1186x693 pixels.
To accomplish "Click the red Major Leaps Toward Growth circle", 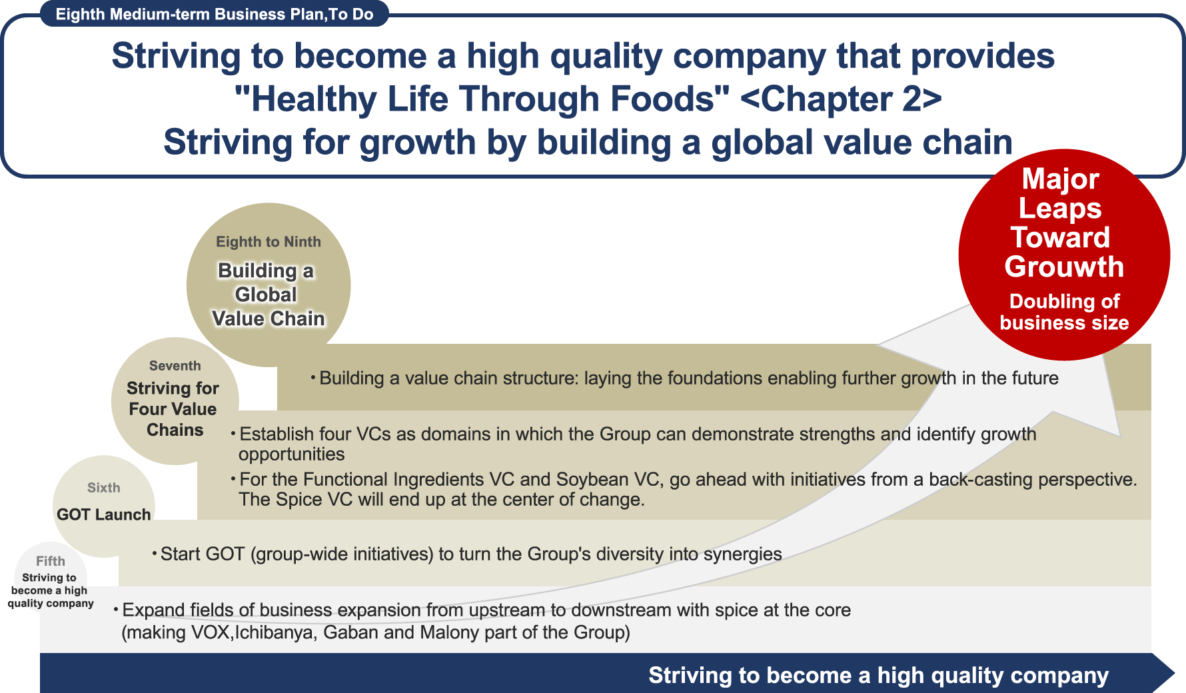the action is click(x=1064, y=255).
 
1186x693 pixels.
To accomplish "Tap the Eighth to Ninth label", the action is click(x=269, y=242).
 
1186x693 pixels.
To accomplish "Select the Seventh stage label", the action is click(x=175, y=366).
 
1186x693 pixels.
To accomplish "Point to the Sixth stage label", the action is click(x=104, y=488).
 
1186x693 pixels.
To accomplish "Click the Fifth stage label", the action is click(x=51, y=561).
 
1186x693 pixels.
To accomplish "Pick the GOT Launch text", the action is click(x=104, y=514).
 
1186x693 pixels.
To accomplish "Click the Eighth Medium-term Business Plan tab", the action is click(x=215, y=14).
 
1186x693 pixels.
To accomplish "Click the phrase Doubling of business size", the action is click(x=1064, y=312).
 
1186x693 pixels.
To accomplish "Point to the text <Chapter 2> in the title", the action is click(x=841, y=99).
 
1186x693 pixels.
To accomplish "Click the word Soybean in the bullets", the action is click(x=589, y=480).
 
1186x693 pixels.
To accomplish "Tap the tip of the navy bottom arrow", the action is click(x=1175, y=673).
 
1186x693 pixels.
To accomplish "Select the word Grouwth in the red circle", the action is click(x=1064, y=267).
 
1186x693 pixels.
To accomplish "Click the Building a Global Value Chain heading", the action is click(x=268, y=295).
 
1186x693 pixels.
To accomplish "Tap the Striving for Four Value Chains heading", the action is click(x=173, y=409).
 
